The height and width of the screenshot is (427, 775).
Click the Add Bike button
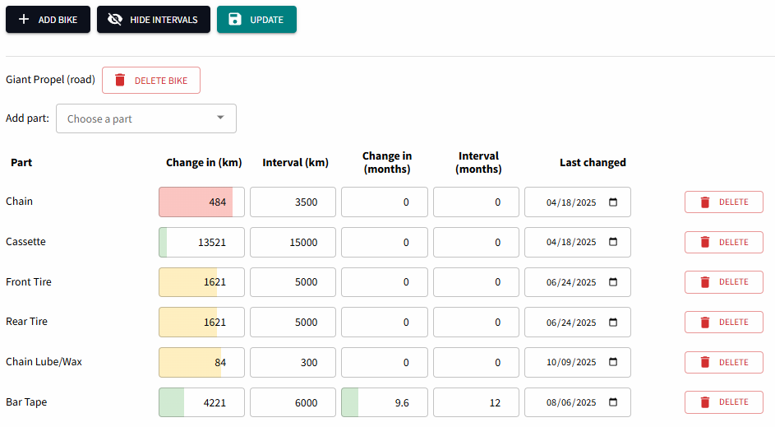[x=48, y=20]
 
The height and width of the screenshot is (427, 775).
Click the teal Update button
[x=256, y=20]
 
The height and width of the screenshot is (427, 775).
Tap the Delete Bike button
[x=151, y=81]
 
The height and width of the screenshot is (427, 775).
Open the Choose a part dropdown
[x=146, y=118]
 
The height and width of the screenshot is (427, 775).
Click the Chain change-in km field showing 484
[x=201, y=202]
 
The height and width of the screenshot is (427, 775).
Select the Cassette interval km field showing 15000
[x=293, y=243]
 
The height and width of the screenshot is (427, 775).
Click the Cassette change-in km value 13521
[x=201, y=243]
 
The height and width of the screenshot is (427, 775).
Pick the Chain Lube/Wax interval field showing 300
[x=293, y=363]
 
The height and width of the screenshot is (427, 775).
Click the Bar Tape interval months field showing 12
[x=476, y=403]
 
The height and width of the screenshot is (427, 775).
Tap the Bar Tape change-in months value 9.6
[x=385, y=403]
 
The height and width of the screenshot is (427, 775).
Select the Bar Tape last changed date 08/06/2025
[x=574, y=403]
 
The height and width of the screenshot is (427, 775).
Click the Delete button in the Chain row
[x=723, y=202]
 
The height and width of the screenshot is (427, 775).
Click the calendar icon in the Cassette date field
[x=614, y=243]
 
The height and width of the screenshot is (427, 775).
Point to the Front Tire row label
[x=29, y=282]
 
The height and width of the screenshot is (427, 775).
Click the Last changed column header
[x=593, y=163]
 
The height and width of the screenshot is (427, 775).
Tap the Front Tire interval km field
[x=293, y=282]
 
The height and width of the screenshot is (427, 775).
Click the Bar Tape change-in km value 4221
[x=201, y=403]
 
